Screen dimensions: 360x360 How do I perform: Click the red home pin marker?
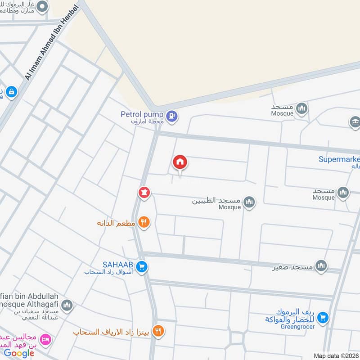click(x=180, y=162)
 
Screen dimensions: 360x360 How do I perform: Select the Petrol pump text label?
click(x=141, y=114)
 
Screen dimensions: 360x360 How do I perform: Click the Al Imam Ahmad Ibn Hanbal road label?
click(x=53, y=41)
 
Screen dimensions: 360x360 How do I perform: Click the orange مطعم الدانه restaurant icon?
click(x=144, y=221)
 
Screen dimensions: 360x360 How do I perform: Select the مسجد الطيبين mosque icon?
click(x=249, y=202)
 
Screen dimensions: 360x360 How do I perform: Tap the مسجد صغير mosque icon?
click(x=321, y=265)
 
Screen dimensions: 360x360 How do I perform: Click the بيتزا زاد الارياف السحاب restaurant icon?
click(x=157, y=332)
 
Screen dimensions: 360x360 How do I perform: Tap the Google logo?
click(x=19, y=353)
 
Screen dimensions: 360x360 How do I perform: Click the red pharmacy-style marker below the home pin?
click(x=144, y=192)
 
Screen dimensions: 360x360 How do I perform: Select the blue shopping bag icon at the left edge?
click(x=11, y=92)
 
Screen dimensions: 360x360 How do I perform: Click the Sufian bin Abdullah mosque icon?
click(x=67, y=306)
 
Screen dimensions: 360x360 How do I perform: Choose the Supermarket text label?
click(x=339, y=159)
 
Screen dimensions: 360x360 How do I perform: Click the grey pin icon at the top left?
click(x=43, y=6)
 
